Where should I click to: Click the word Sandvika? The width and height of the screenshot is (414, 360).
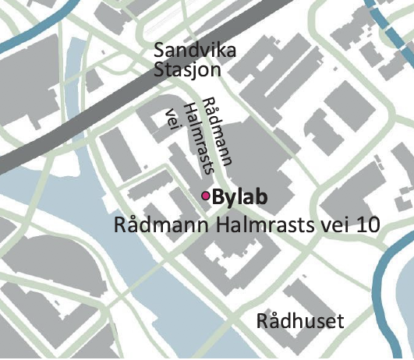[x=195, y=50]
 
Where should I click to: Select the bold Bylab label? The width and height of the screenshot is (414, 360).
[x=240, y=197]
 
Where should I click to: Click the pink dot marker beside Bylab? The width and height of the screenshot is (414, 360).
[x=206, y=196]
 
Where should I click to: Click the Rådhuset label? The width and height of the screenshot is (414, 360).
[x=300, y=321]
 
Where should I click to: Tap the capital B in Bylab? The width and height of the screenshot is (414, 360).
[x=218, y=197]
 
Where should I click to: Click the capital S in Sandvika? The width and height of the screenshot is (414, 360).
[x=161, y=50]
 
